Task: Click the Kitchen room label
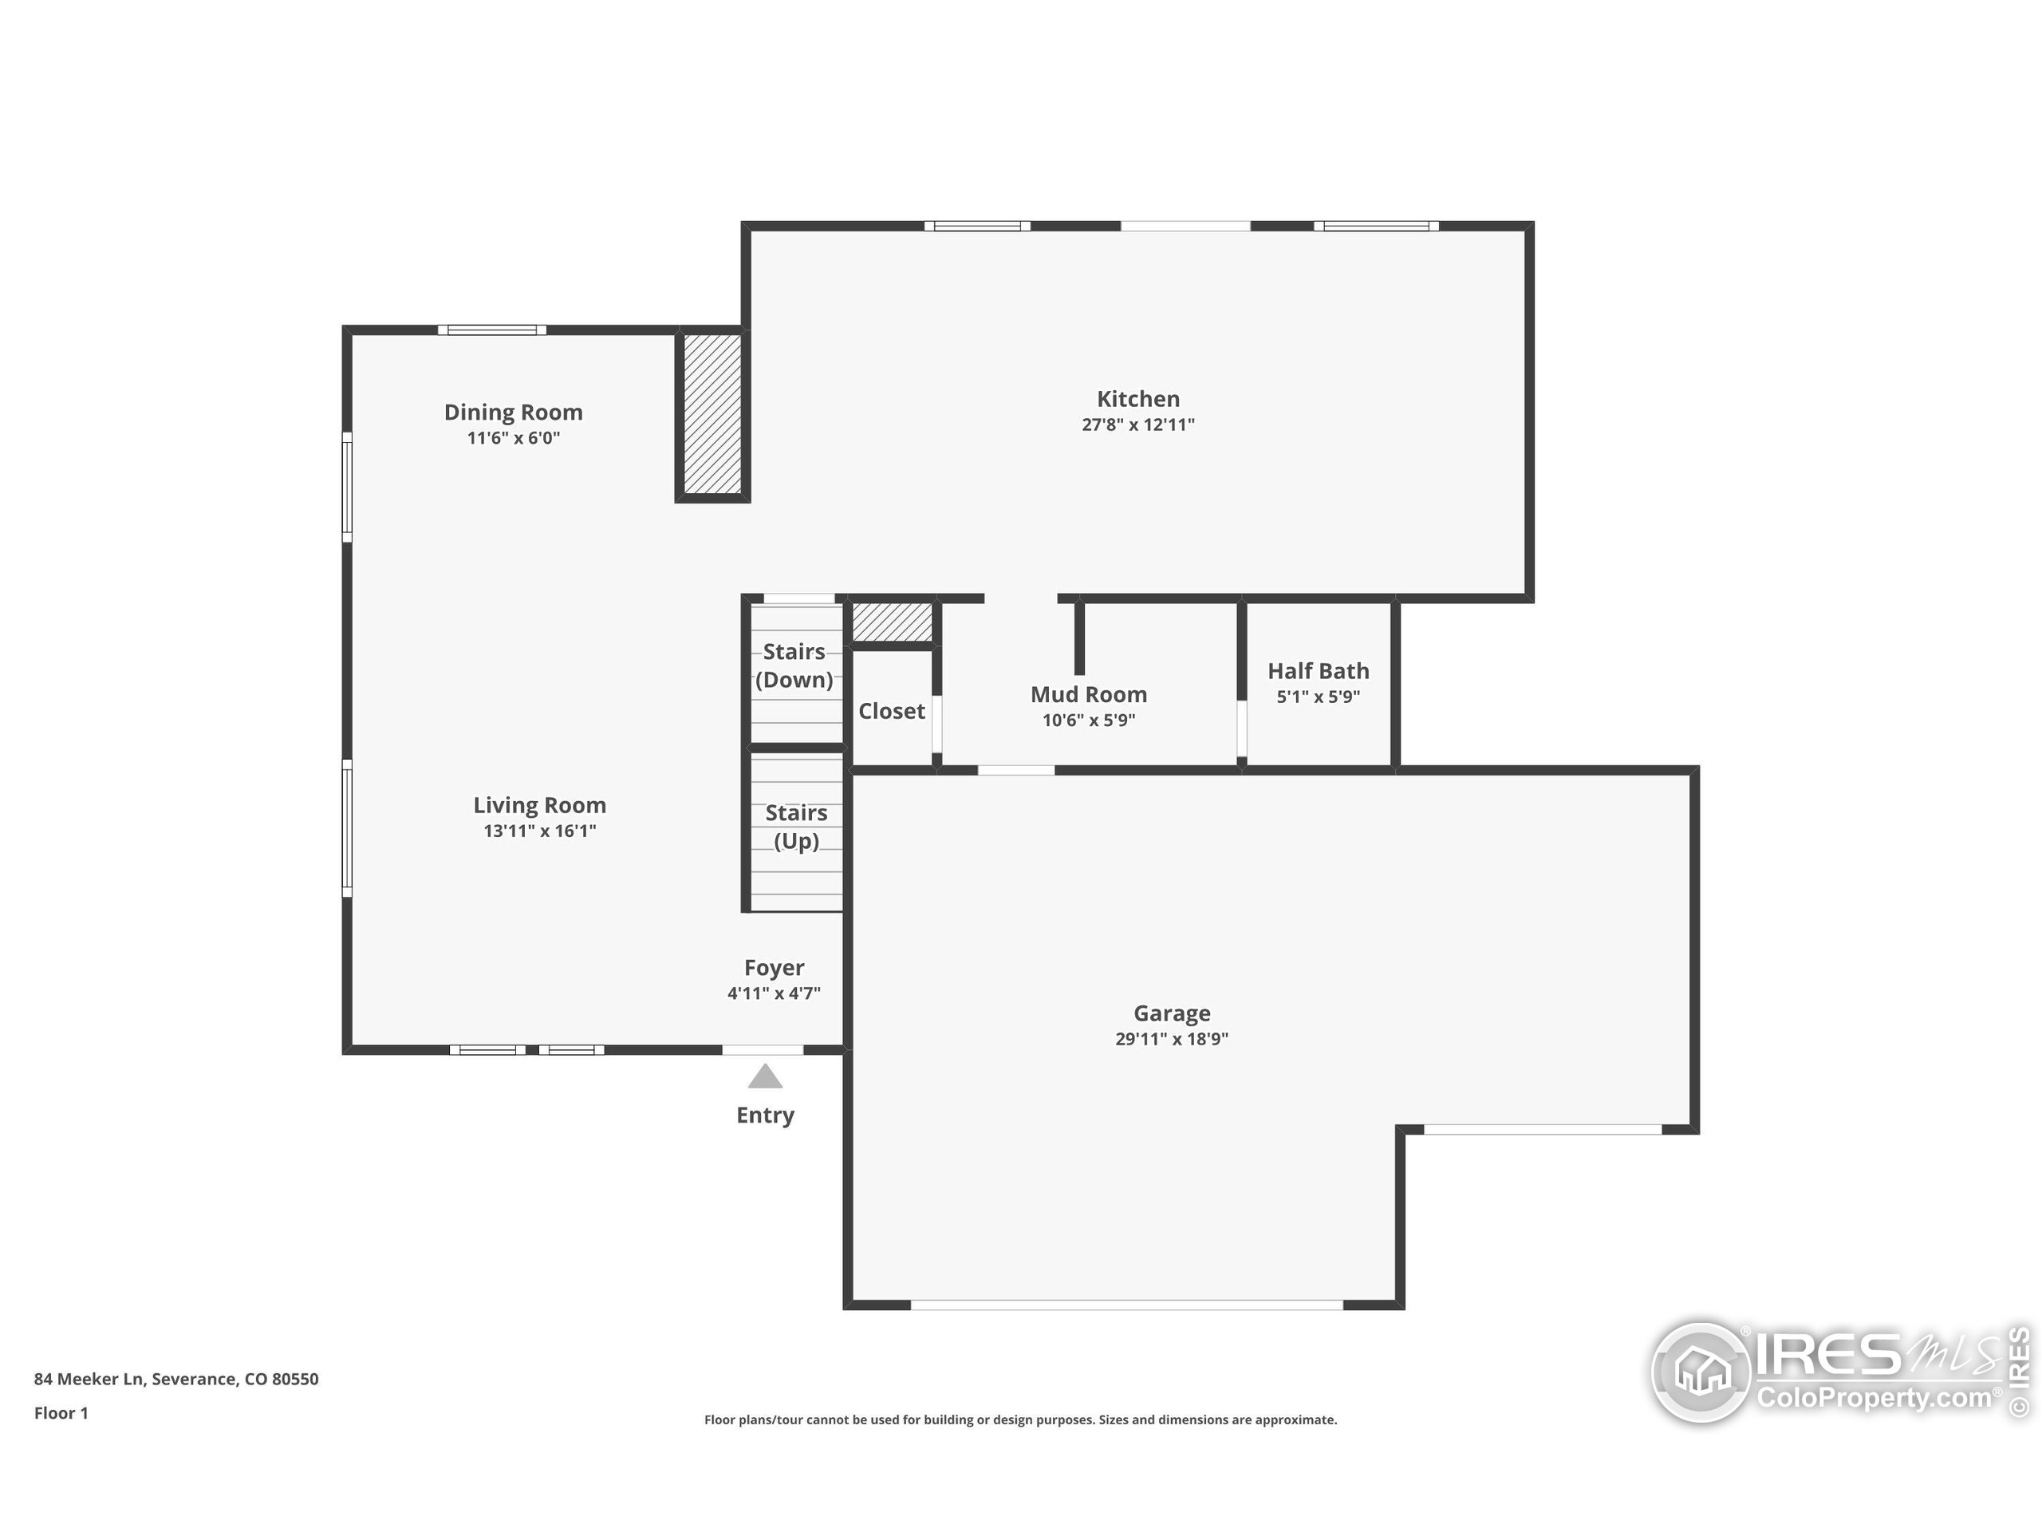point(1137,399)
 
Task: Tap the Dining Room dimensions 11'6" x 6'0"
point(513,438)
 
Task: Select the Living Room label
point(539,805)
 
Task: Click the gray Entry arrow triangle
point(764,1076)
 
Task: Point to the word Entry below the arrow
point(764,1115)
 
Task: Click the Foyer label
point(774,968)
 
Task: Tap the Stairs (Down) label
point(794,665)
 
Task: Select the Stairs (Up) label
point(796,827)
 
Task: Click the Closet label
point(891,711)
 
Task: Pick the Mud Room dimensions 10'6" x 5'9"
point(1088,721)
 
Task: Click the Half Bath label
point(1318,671)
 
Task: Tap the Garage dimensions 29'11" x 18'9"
point(1172,1038)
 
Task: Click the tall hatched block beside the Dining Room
point(712,413)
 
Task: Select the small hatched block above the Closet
point(891,622)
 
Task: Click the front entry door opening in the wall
point(763,1050)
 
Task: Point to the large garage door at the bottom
point(1126,1305)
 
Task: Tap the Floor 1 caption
point(61,1413)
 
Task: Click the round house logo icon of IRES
point(1701,1372)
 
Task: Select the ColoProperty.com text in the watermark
point(1873,1398)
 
